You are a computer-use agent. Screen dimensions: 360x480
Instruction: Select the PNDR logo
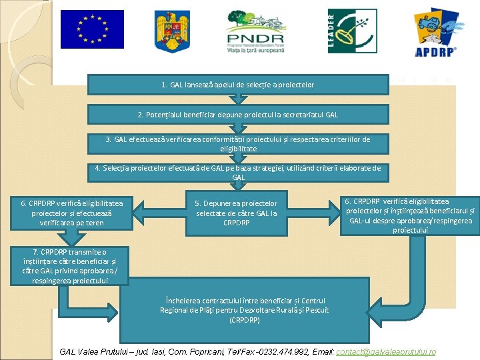[x=255, y=31]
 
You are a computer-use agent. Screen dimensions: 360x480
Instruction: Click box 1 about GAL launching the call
[x=237, y=85]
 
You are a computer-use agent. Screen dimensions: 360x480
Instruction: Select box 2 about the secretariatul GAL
[x=237, y=115]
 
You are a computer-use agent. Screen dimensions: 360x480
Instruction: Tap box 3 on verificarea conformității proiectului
[x=237, y=143]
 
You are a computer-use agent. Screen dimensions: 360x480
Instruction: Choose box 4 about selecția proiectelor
[x=237, y=173]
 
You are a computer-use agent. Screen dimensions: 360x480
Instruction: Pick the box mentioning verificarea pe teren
[x=72, y=213]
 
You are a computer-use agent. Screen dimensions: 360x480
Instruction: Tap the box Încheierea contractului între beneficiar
[x=243, y=309]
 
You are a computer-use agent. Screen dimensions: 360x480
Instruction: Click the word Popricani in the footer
[x=205, y=351]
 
